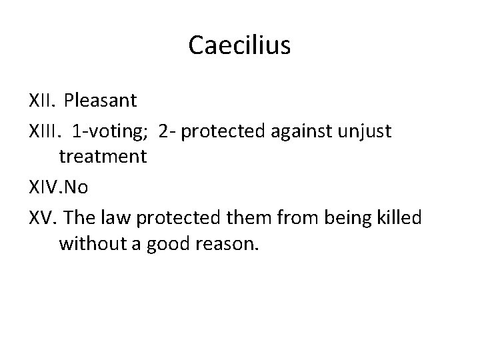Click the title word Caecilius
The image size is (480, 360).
(239, 45)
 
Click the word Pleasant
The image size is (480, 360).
(101, 101)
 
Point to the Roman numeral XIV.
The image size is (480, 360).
(44, 189)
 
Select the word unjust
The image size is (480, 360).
(369, 131)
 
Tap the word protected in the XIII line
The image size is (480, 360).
(223, 131)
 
